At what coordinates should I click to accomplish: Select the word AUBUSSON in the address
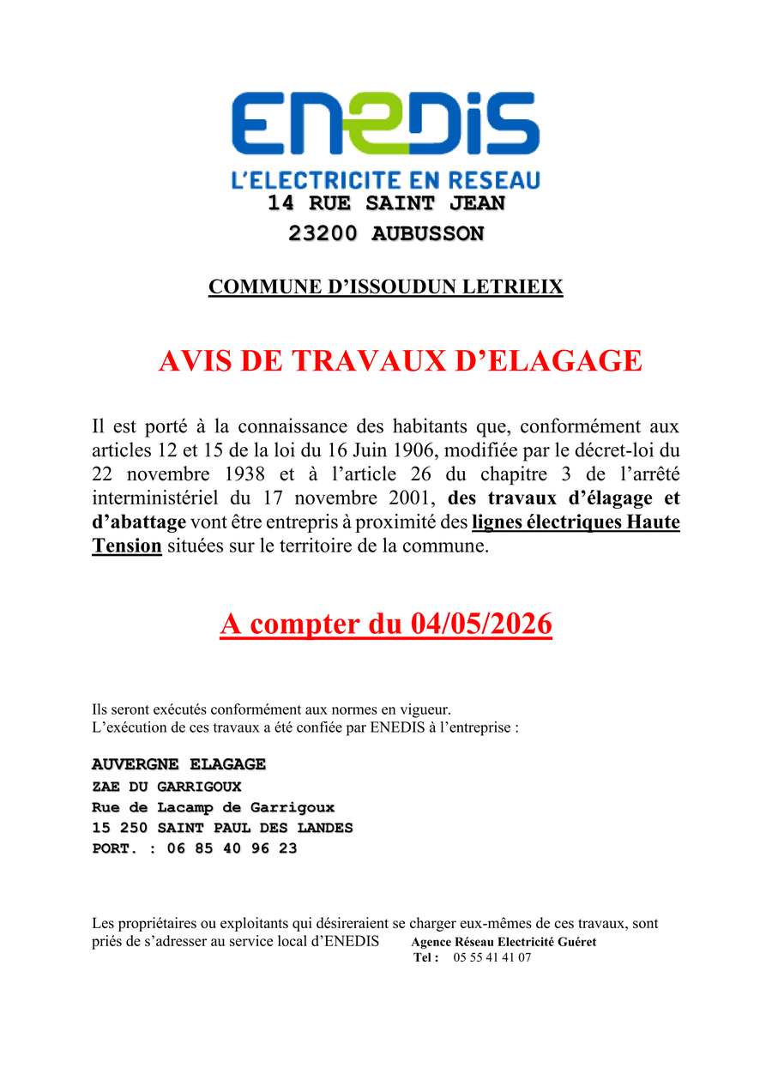[427, 233]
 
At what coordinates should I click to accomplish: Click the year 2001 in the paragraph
[414, 498]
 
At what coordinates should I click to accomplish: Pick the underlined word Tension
[127, 546]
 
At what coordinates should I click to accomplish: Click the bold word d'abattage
[139, 522]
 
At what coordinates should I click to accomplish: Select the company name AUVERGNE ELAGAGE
[178, 764]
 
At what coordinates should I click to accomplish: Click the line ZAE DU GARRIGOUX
[166, 787]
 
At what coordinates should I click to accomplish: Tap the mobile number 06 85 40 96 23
[232, 848]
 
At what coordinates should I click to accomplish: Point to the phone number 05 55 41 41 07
[492, 957]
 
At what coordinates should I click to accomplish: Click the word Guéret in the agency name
[576, 942]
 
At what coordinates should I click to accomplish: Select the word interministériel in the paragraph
[154, 498]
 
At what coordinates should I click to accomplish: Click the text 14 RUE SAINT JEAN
[386, 204]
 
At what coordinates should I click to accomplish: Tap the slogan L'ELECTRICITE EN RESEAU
[386, 180]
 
